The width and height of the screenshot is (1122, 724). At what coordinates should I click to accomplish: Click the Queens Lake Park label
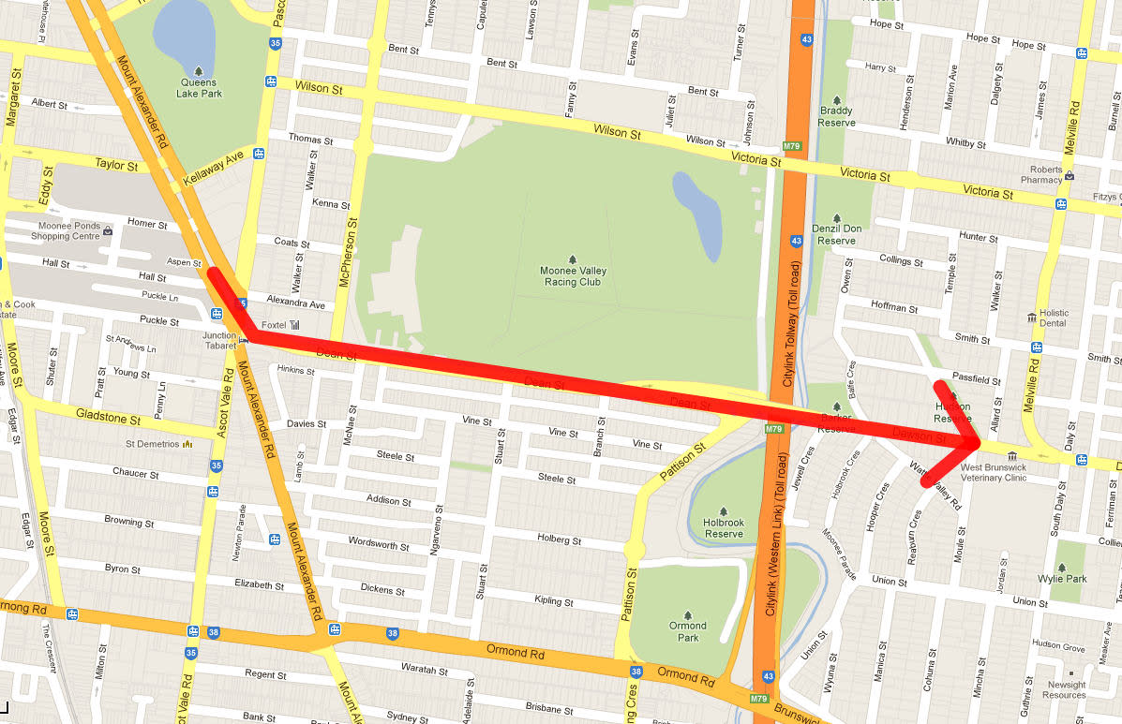click(x=200, y=87)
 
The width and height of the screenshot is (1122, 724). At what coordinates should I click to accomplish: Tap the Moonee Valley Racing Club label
click(x=572, y=274)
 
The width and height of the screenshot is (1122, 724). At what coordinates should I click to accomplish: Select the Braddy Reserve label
click(x=836, y=116)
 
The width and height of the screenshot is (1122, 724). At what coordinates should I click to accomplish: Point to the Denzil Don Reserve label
click(x=836, y=234)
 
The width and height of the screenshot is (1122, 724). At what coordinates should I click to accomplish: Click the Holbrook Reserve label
click(x=724, y=528)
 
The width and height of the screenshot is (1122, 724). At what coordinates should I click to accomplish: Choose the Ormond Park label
click(x=687, y=631)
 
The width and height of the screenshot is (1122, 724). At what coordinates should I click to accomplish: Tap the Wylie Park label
click(x=1063, y=578)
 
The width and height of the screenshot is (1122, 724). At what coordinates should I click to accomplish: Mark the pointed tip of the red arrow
click(x=980, y=441)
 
